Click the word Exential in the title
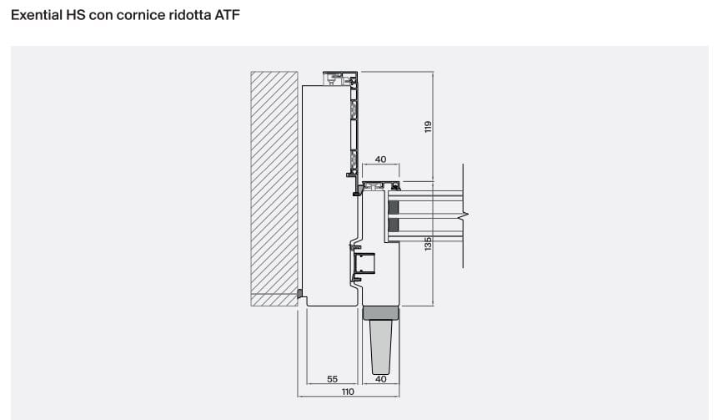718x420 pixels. tap(37, 15)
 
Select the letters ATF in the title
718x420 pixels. tap(227, 15)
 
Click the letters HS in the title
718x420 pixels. tap(76, 15)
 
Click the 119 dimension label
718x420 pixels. tap(428, 127)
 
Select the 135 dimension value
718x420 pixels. tap(428, 244)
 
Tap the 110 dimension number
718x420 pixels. tap(348, 392)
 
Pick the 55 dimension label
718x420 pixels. tap(333, 379)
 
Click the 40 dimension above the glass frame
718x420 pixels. tap(380, 159)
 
